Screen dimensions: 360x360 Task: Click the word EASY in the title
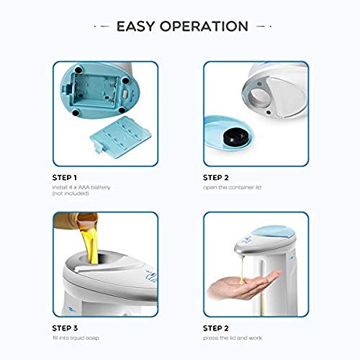[x=135, y=27]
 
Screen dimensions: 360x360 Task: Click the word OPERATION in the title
[x=204, y=27]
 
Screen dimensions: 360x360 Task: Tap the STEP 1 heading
[x=65, y=178]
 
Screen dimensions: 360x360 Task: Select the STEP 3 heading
[x=65, y=328]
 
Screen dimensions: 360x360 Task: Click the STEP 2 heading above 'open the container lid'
[x=216, y=178]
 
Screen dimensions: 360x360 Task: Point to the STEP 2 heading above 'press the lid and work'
[x=216, y=328]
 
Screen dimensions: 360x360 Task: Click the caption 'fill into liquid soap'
[x=76, y=338]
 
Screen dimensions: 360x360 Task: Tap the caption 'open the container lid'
[x=232, y=187]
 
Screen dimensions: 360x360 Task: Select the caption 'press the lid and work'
[x=233, y=338]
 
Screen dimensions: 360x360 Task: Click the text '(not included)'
[x=71, y=194]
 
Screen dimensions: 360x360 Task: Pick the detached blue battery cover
[x=120, y=136]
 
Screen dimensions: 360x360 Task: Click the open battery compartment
[x=96, y=92]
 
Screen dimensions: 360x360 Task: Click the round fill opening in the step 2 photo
[x=261, y=97]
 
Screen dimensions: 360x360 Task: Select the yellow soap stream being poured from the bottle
[x=91, y=243]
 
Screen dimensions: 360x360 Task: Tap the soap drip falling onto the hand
[x=243, y=269]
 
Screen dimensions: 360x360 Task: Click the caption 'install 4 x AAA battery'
[x=81, y=187]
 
